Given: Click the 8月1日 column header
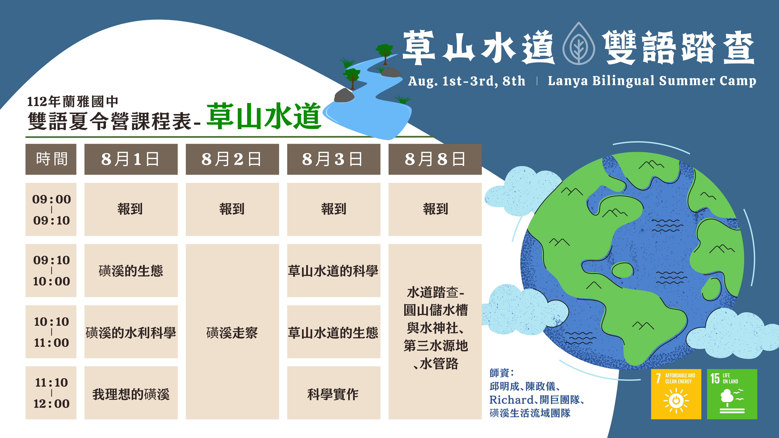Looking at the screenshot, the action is pos(131,159).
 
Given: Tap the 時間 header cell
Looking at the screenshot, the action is pos(51,159).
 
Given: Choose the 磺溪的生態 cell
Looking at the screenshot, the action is pos(131,271).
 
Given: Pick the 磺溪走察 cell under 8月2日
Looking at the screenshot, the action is pos(232,332).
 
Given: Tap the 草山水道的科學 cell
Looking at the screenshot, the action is pos(334,271).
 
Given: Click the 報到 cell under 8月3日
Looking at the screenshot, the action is pos(334,209).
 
